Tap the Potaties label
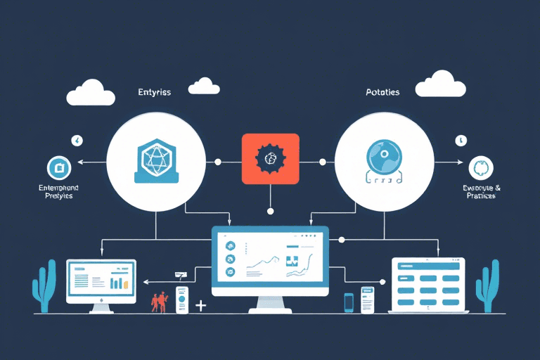382,92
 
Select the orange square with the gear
270,160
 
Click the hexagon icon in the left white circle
155,158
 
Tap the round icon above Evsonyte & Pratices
480,168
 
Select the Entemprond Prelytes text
58,192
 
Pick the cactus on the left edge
44,285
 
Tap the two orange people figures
160,301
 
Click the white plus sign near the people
201,305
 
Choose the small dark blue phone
349,302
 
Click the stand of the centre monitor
270,304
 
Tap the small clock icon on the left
76,140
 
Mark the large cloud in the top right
440,84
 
